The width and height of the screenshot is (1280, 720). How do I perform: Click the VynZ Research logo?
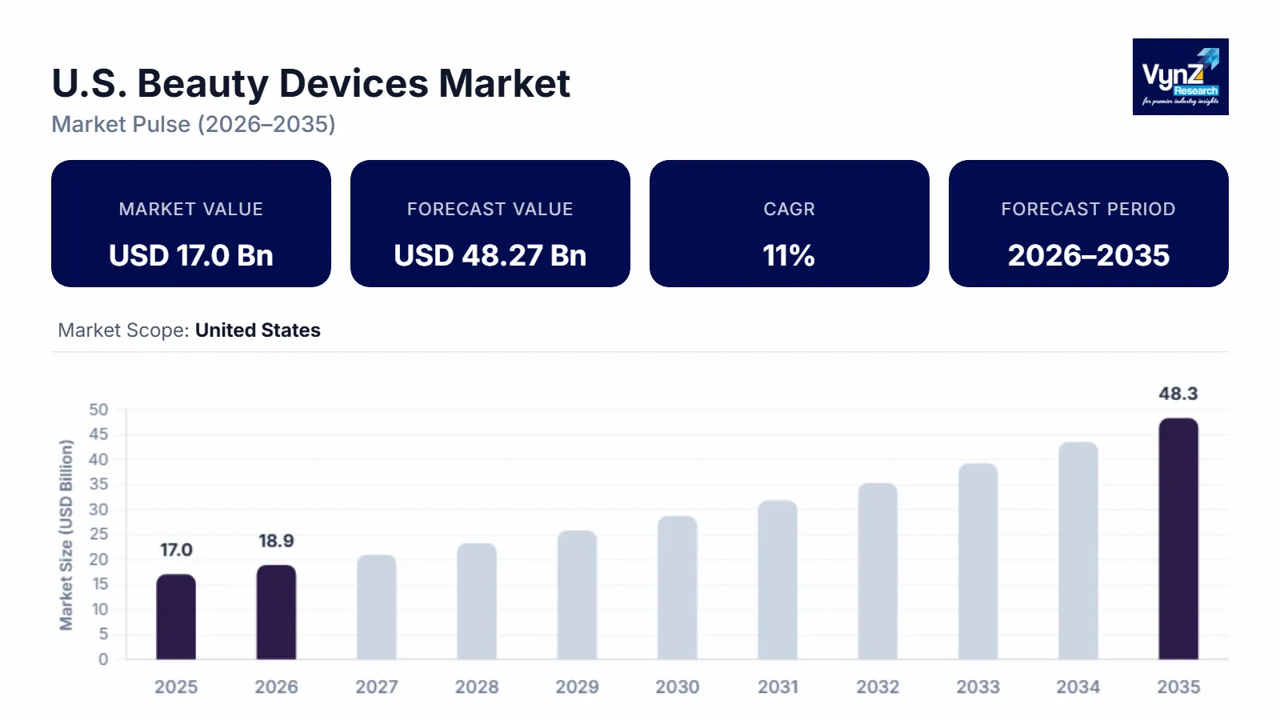point(1180,77)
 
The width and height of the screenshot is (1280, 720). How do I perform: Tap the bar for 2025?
point(176,617)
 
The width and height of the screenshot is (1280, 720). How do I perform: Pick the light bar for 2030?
point(677,588)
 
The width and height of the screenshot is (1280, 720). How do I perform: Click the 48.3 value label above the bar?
point(1178,394)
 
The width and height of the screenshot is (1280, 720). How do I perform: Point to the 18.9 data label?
point(276,541)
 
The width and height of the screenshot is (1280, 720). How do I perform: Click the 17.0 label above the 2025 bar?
point(176,550)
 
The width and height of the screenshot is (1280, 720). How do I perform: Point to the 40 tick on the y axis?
point(98,459)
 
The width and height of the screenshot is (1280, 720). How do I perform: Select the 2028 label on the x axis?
point(477,686)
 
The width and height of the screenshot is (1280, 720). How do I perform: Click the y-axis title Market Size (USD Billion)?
point(66,534)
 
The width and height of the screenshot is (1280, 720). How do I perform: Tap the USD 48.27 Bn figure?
point(490,255)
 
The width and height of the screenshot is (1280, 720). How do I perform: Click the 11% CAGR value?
point(789,255)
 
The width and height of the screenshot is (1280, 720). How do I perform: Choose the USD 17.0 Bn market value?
point(191,255)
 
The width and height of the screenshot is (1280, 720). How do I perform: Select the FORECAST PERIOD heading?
point(1088,209)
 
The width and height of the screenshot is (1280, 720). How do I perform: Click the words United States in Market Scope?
point(258,330)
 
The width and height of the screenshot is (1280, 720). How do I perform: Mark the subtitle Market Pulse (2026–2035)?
point(194,124)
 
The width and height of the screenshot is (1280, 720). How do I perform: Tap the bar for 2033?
point(978,562)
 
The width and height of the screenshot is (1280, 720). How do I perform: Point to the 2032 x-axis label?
point(878,686)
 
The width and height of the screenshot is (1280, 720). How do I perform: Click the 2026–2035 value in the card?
point(1088,255)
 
